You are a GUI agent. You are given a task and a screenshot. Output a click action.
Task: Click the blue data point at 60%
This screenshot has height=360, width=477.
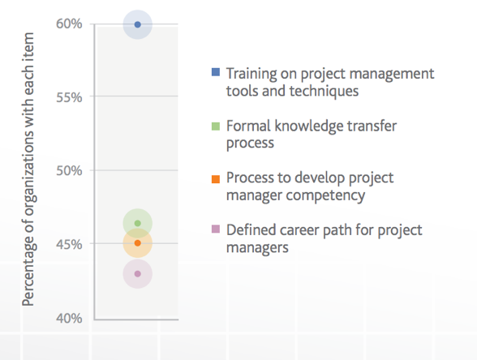point(138,24)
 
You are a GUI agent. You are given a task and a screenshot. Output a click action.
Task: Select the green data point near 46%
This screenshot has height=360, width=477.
point(138,223)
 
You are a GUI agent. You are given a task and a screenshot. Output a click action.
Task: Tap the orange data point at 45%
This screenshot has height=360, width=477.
point(138,243)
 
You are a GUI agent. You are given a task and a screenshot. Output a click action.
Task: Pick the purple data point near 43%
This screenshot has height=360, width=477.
point(138,274)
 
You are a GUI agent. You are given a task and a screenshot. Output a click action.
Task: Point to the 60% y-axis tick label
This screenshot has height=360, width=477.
point(69,24)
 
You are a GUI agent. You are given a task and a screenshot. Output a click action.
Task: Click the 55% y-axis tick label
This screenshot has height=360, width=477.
point(69,97)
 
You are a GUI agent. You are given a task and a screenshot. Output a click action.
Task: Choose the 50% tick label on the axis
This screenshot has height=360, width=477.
point(69,170)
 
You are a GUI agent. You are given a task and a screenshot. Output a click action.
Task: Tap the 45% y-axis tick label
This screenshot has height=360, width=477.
point(69,244)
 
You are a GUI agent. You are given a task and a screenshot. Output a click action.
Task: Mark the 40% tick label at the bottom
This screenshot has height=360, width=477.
point(69,318)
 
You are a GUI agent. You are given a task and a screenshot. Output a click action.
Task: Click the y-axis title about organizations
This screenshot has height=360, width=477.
point(28,169)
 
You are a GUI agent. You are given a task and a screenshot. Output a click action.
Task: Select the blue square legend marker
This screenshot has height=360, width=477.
point(216,72)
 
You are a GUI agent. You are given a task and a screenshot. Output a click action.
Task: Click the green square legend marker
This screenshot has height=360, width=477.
point(216,126)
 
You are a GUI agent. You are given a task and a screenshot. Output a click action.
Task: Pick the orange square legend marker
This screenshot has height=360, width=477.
point(216,179)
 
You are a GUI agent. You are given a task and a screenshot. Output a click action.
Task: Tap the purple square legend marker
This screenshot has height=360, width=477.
point(216,229)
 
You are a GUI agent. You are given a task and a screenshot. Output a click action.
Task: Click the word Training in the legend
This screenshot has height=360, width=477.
point(251,75)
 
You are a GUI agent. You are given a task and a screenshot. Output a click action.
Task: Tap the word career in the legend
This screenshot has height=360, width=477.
point(299,230)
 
